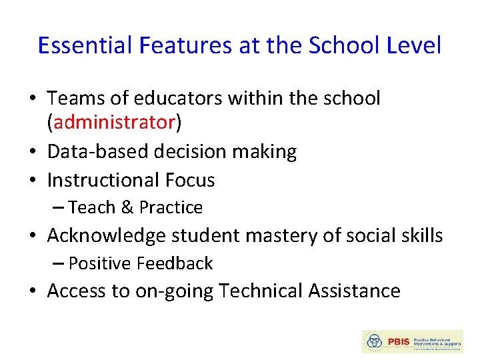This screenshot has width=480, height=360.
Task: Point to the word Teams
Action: point(74,99)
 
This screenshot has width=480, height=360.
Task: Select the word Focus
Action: point(190,180)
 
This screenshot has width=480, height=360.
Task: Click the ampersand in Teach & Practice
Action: point(127,208)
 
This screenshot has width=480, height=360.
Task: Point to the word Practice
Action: point(171,208)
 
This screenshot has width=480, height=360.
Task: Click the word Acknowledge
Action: point(107,235)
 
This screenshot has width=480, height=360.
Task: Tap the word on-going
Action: point(174,291)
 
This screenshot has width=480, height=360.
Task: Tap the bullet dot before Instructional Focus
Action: point(33,181)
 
